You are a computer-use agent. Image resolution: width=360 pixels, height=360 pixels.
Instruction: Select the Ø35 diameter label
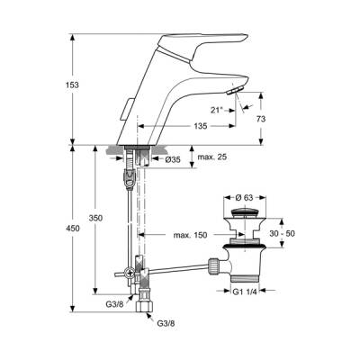172,159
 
